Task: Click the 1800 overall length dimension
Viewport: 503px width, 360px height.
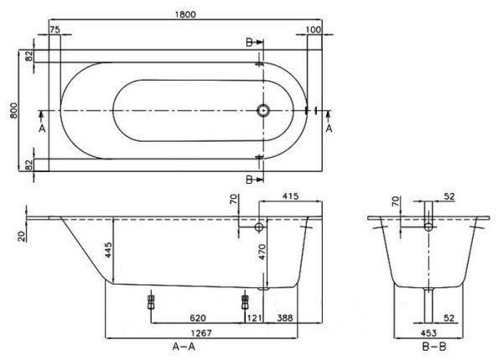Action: coord(180,11)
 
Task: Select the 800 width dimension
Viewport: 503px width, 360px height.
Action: coord(13,109)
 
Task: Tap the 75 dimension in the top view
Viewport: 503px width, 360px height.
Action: coord(55,30)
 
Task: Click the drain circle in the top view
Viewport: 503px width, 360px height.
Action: coord(264,109)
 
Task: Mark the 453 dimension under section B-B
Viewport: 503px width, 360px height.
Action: coord(428,331)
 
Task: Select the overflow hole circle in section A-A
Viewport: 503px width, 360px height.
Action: coord(259,227)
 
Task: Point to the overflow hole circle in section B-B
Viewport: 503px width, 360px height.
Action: coord(428,226)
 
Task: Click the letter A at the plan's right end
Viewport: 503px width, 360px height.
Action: coord(329,128)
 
